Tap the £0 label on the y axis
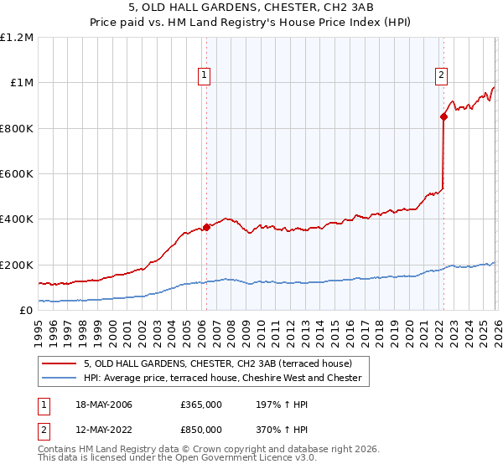[26, 311]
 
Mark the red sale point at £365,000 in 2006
[207, 227]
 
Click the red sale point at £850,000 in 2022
[443, 117]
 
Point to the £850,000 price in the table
[201, 429]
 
